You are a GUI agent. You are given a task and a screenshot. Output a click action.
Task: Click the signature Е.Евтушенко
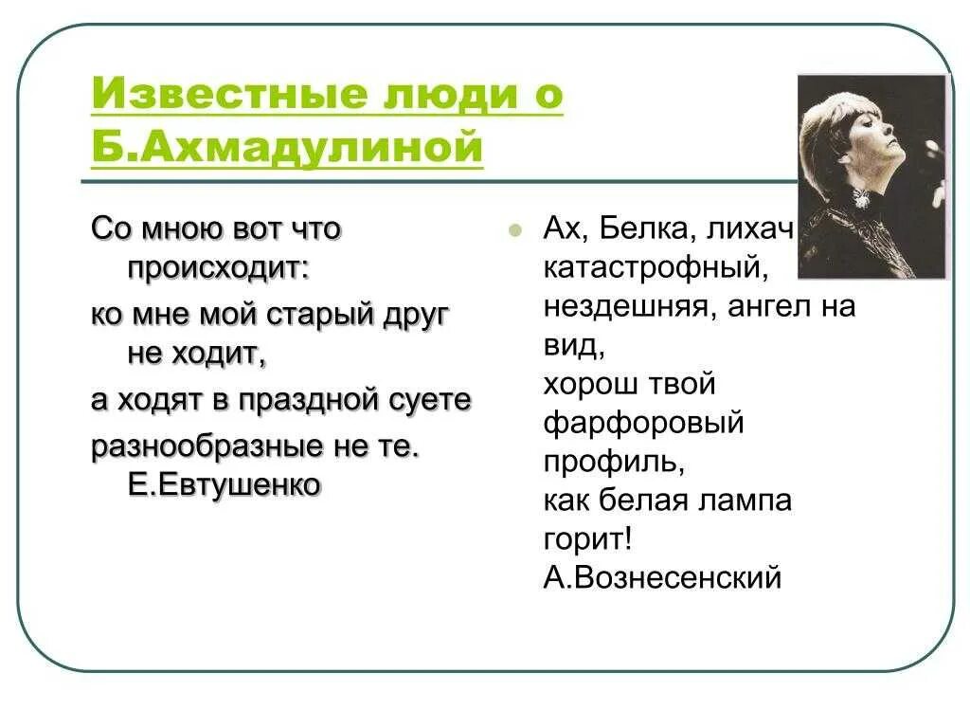[225, 484]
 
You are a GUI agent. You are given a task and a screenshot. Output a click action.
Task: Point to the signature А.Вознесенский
[663, 576]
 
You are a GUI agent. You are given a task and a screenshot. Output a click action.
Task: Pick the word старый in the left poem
[323, 315]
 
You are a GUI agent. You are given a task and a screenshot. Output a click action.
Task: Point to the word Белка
[654, 227]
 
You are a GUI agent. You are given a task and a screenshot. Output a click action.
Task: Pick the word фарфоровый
[644, 423]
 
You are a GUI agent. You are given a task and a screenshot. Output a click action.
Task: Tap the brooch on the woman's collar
[861, 198]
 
